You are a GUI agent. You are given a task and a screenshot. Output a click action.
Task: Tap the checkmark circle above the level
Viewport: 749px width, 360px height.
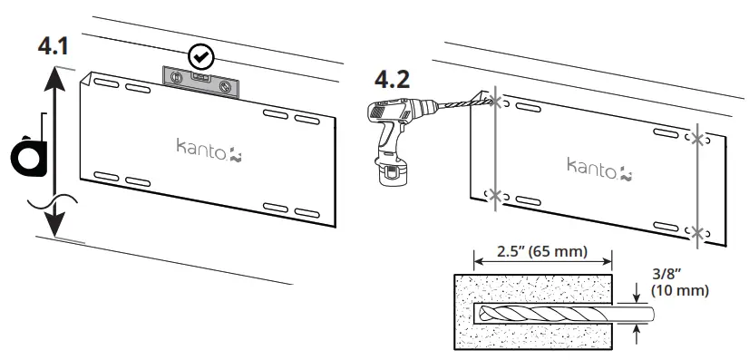point(199,56)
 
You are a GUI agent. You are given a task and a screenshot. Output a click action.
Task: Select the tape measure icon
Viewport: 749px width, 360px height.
point(29,155)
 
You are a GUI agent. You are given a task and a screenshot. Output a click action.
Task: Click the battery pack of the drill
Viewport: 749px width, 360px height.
point(392,173)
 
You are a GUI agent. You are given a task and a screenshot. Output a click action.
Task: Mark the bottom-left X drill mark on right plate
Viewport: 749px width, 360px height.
point(493,194)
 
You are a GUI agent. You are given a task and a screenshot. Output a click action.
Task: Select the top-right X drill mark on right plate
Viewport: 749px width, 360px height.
point(695,139)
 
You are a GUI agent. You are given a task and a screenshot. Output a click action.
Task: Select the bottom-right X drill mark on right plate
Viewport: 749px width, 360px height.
point(695,231)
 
